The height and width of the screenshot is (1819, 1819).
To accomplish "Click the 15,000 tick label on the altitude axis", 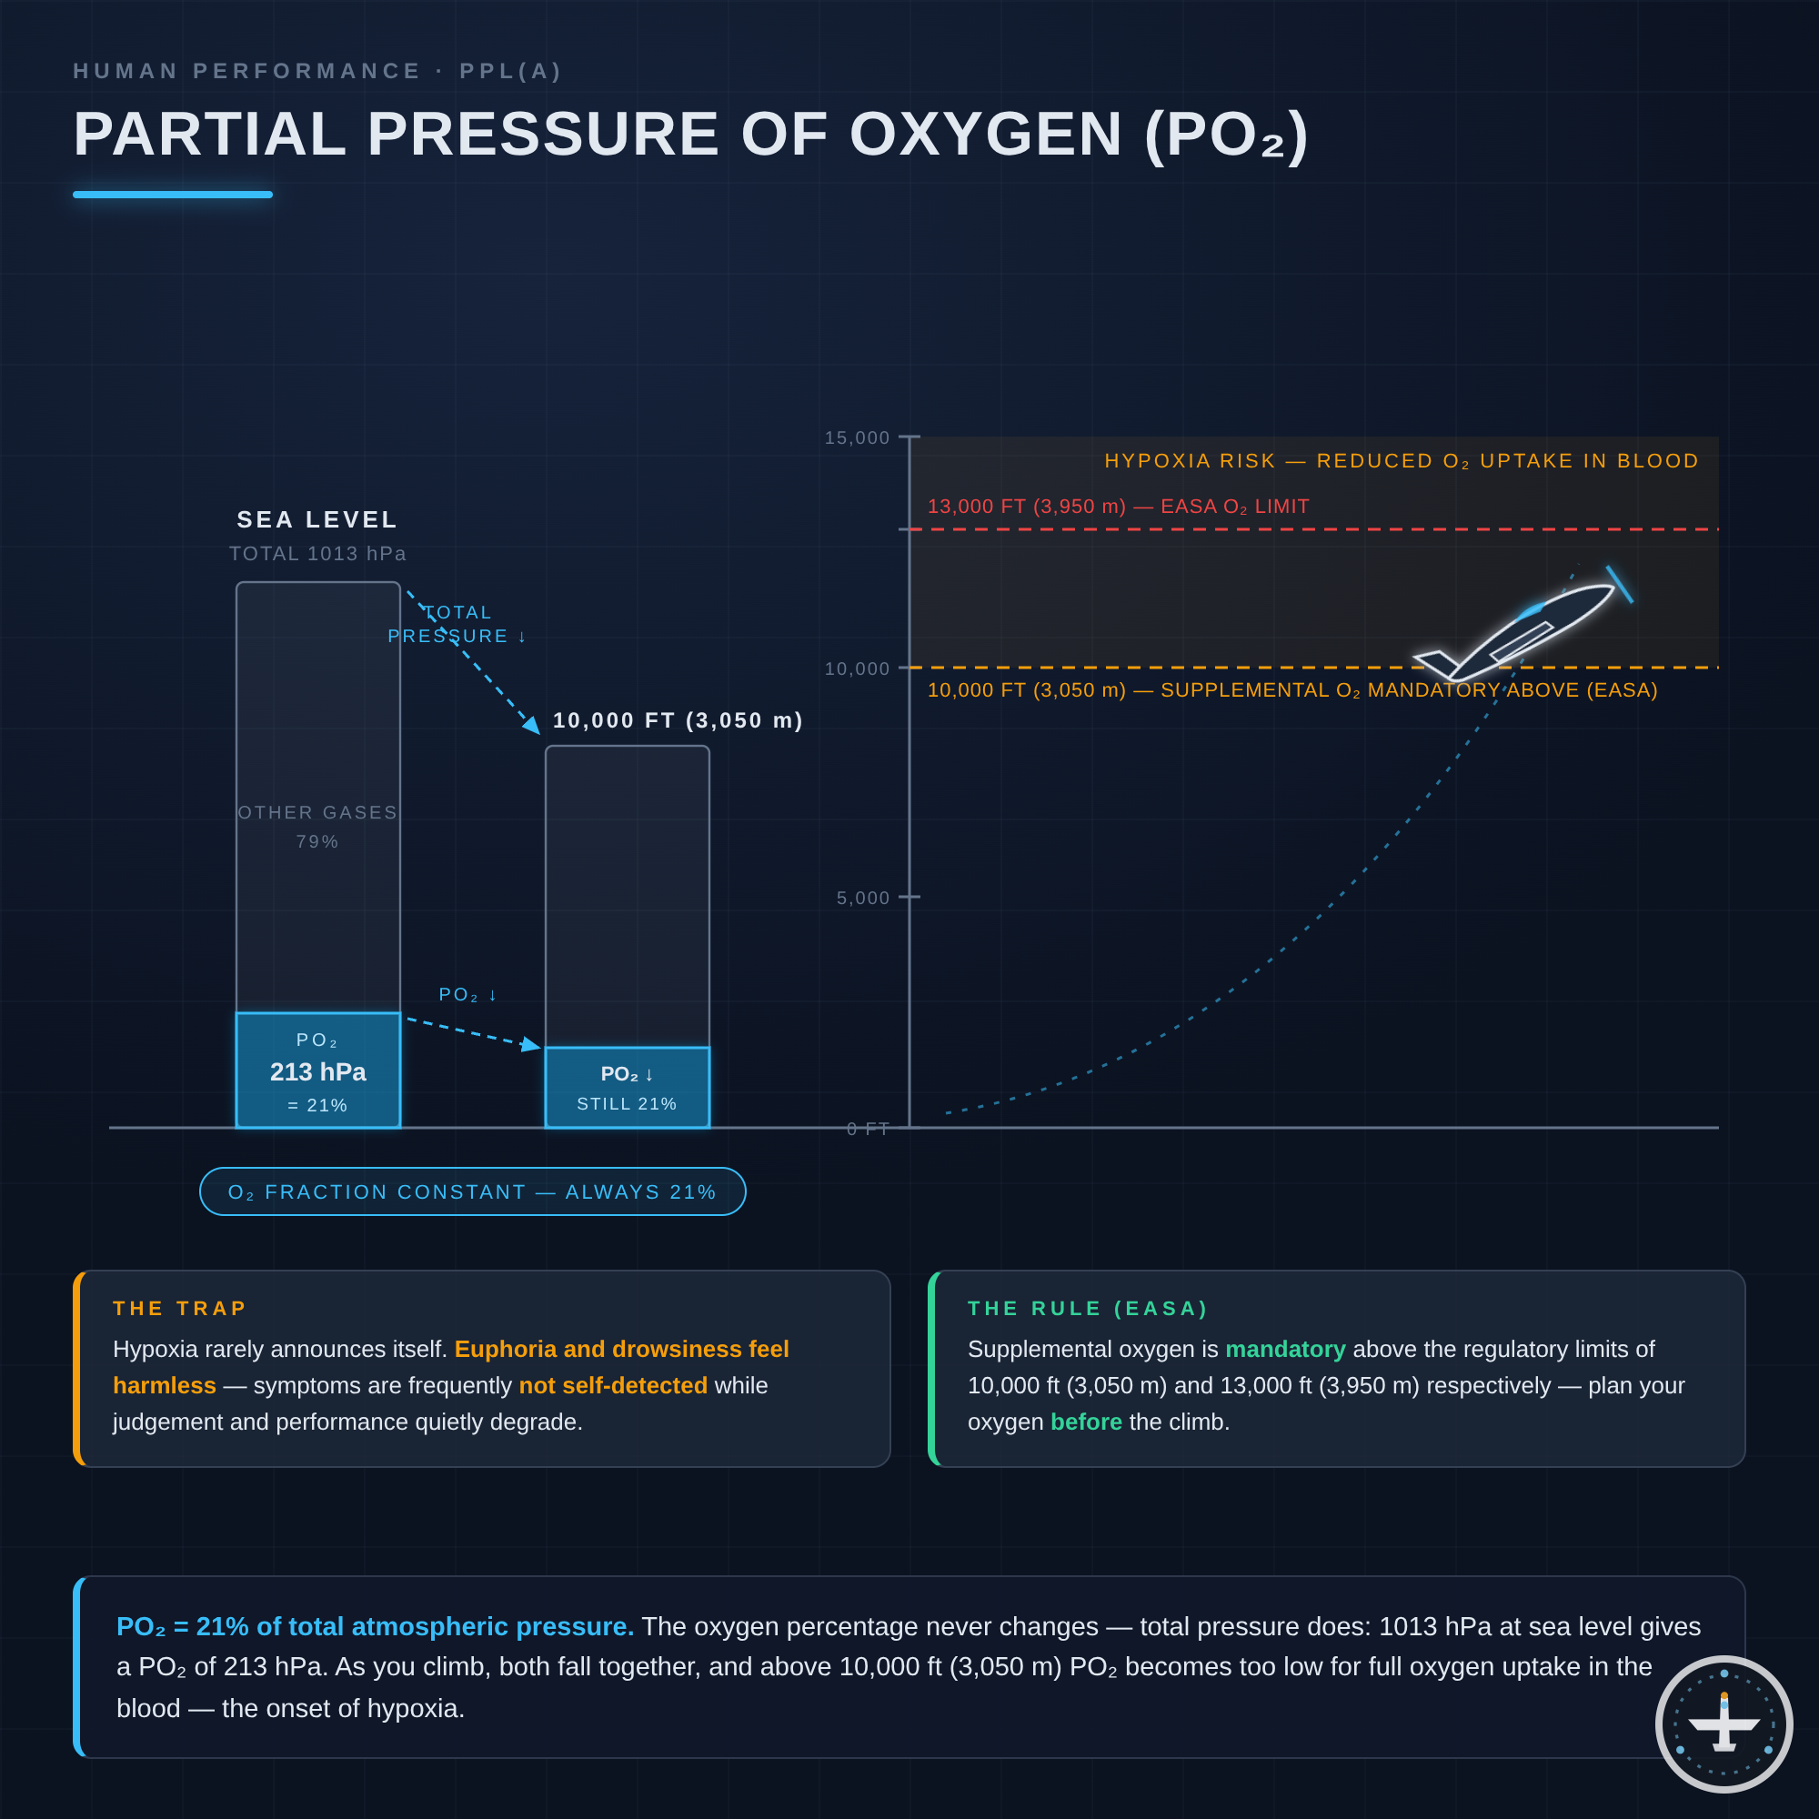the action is coord(857,437).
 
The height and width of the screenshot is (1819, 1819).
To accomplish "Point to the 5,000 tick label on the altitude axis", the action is coord(863,899).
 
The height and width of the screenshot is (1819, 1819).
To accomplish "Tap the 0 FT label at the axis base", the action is coord(868,1129).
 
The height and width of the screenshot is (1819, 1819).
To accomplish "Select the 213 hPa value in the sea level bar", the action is coord(318,1071).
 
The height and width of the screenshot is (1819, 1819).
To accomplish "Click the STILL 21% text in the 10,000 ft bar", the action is coord(627,1103).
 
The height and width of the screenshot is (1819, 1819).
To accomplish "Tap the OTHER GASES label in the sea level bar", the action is coord(318,812).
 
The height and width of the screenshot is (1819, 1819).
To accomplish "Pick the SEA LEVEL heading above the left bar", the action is coord(318,519).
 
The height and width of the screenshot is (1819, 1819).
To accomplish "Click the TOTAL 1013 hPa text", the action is coord(318,554).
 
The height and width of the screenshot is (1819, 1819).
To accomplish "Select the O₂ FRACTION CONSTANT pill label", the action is coord(473,1192).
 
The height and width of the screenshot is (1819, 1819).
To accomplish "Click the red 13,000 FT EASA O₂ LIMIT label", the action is coord(1119,507).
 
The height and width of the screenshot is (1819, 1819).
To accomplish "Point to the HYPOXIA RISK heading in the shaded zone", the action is coord(1402,461).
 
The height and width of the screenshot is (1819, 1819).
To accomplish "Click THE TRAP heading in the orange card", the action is coord(180,1309).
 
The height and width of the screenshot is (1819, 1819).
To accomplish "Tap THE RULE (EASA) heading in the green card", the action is coord(1089,1309).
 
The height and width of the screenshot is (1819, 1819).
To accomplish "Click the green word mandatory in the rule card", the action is coord(1285,1349).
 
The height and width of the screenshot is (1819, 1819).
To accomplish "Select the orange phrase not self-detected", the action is coord(613,1386).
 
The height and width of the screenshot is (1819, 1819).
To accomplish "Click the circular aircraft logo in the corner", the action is coord(1724,1724).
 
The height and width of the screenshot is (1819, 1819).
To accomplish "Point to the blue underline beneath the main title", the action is coord(172,195).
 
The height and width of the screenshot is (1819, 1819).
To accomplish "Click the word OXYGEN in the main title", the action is coord(986,134).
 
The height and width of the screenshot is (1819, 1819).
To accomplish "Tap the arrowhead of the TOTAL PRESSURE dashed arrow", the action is coord(533,725).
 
